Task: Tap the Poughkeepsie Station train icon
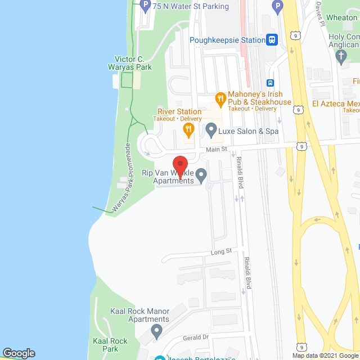click(272, 40)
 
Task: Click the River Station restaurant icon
click(188, 130)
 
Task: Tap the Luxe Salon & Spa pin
click(211, 131)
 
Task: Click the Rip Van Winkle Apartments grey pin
click(201, 177)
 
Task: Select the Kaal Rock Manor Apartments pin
click(157, 330)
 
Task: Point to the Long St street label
click(221, 251)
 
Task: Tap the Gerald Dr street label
click(195, 337)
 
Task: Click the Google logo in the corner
click(18, 353)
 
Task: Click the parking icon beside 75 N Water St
click(145, 6)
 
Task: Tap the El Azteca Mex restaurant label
click(336, 103)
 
